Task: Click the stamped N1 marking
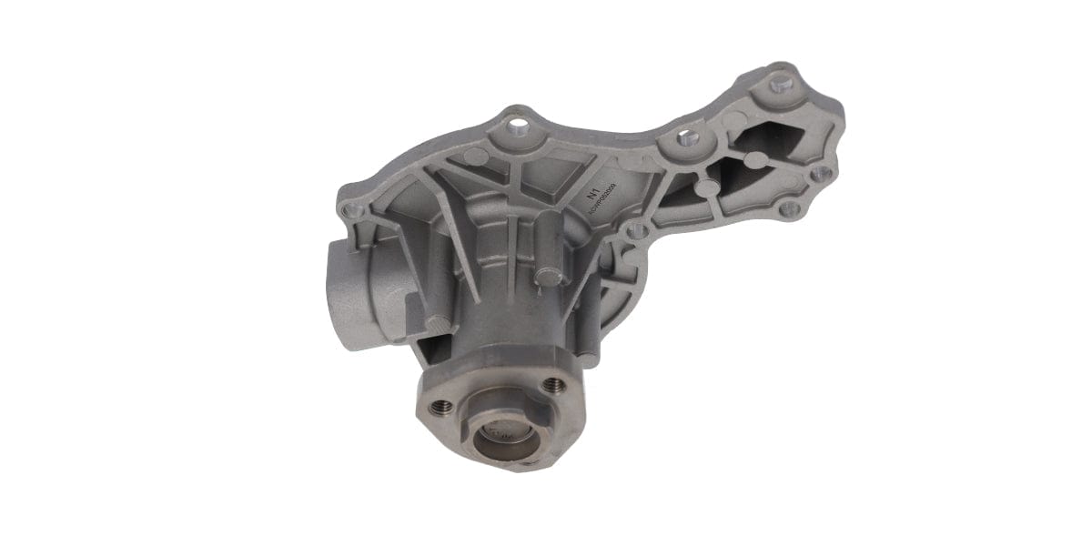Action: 593,193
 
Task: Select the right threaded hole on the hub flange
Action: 552,385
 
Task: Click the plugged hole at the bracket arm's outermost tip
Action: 779,85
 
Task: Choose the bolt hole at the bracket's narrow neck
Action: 683,139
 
